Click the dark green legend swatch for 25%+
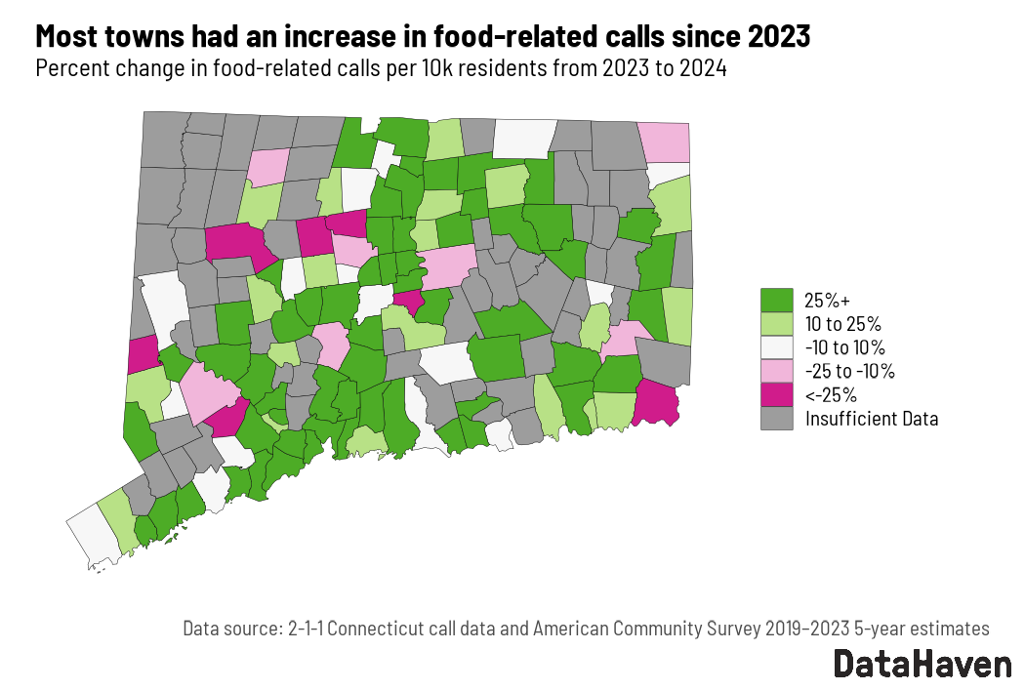click(x=776, y=300)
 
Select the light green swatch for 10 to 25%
click(x=776, y=323)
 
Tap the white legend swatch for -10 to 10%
click(x=776, y=347)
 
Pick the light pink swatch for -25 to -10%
click(x=776, y=371)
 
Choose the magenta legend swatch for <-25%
click(x=776, y=395)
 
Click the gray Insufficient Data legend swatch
click(x=776, y=419)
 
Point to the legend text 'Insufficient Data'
click(x=872, y=419)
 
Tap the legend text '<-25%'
click(x=831, y=395)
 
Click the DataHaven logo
click(x=922, y=664)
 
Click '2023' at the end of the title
click(x=777, y=37)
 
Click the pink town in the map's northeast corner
click(x=664, y=142)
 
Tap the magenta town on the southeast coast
click(x=655, y=403)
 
